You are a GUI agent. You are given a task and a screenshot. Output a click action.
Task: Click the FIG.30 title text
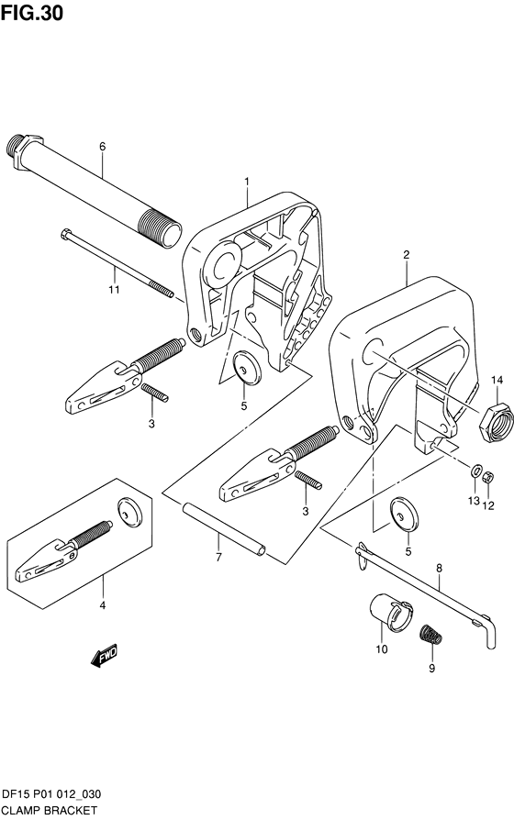32,13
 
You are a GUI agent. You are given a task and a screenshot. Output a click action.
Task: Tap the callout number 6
103,147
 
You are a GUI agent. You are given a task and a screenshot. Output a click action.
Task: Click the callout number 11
114,289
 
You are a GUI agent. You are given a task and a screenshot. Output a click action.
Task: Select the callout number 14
497,380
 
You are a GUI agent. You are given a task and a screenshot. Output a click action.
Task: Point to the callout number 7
218,558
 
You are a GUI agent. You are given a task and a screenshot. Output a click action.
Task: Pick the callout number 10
382,649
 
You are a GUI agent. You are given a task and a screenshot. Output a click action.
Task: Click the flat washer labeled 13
475,471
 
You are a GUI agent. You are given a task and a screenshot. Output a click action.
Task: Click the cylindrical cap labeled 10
391,612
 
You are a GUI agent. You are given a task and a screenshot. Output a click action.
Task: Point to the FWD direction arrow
106,656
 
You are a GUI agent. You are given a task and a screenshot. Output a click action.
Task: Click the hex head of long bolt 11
65,233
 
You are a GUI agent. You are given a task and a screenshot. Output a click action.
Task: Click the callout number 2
407,255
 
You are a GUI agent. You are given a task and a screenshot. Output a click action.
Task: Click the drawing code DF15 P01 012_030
51,795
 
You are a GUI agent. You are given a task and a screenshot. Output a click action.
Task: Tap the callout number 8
439,568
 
